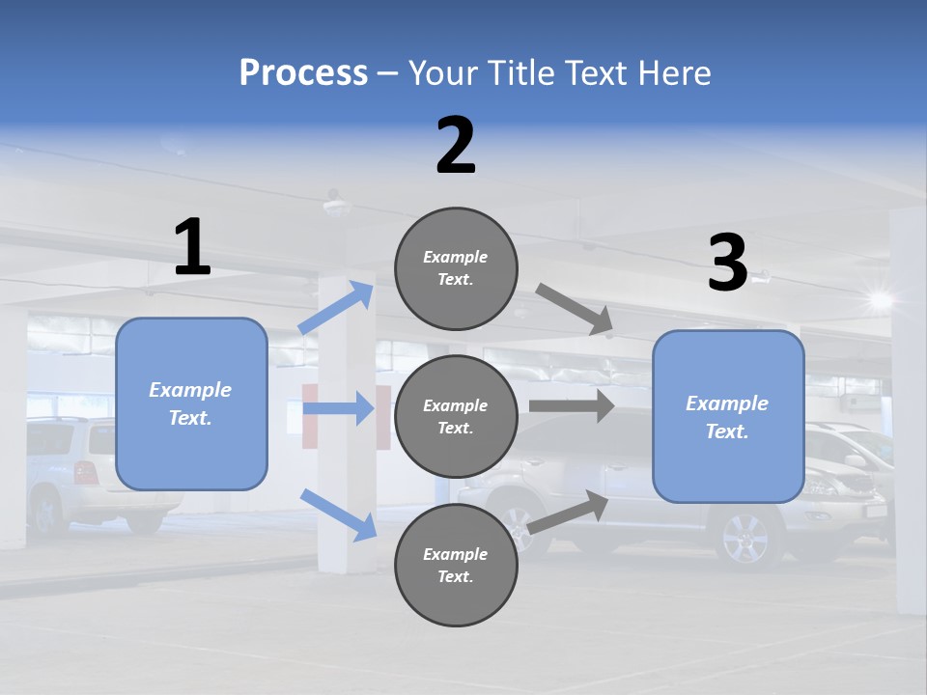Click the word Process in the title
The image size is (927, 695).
point(303,73)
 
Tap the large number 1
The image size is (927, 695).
point(192,247)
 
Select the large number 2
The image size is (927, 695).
point(456,146)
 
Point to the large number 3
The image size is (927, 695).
point(727,264)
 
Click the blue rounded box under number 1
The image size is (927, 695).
point(191,403)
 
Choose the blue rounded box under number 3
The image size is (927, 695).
point(728,417)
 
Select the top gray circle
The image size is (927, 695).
point(456,268)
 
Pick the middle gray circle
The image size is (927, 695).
point(456,417)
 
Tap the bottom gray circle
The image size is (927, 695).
point(456,566)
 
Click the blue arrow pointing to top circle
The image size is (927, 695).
point(336,308)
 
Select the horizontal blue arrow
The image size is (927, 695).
point(338,408)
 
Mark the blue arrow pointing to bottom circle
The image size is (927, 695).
point(338,514)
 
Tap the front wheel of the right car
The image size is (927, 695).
point(746,537)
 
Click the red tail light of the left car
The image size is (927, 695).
point(86,473)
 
